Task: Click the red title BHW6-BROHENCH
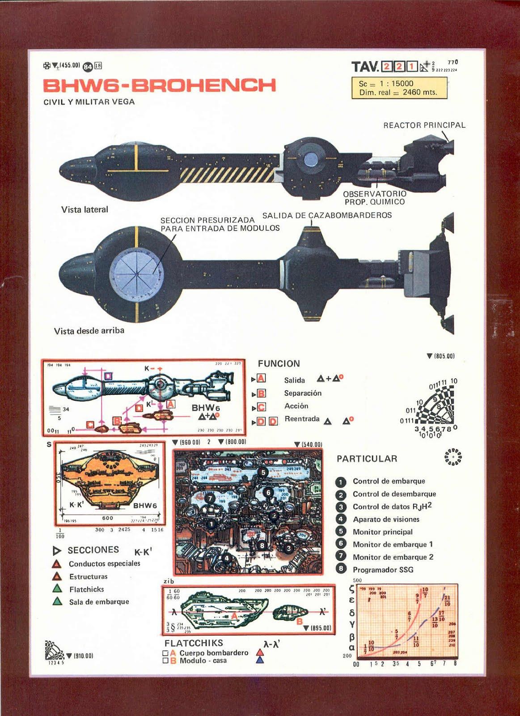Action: (159, 85)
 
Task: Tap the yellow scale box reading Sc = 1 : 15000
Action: (399, 88)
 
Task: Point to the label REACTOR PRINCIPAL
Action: (424, 125)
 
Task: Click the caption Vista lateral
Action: (85, 209)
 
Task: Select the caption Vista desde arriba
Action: (89, 331)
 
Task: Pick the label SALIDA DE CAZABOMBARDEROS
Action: (327, 215)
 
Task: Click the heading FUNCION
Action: (279, 364)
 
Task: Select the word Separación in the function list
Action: (303, 393)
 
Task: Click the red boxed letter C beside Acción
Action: (261, 407)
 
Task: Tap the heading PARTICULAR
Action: (367, 459)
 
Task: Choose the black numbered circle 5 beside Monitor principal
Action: (341, 532)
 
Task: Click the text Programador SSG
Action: (383, 570)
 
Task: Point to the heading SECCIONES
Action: (93, 550)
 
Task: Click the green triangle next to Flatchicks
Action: (57, 588)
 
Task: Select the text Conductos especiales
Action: (104, 563)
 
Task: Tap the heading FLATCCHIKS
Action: (194, 643)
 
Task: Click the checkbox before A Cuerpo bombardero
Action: (165, 653)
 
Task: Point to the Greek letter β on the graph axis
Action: (352, 636)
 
